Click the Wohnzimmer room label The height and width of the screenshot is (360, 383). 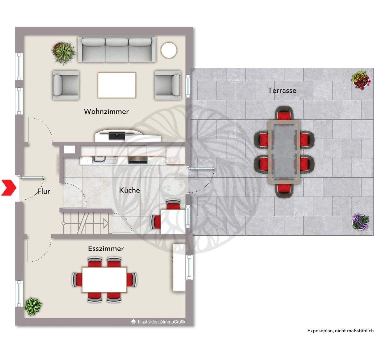click(106, 111)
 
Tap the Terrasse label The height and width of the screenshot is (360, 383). click(282, 91)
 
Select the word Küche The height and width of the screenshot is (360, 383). click(129, 190)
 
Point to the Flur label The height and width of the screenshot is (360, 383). click(43, 191)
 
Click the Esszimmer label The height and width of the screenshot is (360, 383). click(106, 248)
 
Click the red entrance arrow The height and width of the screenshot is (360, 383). click(9, 188)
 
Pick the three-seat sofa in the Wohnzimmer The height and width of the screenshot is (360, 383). click(117, 50)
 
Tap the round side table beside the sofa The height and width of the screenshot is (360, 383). click(169, 50)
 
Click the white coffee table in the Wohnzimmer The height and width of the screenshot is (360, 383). click(117, 85)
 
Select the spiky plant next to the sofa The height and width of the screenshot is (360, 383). click(64, 52)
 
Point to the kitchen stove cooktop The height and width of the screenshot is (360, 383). click(138, 160)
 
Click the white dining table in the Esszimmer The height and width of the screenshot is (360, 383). click(104, 280)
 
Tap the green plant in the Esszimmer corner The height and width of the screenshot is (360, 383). click(33, 306)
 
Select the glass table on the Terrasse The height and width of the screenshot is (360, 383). click(284, 152)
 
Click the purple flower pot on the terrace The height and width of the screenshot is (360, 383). click(361, 222)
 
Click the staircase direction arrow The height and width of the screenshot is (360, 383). click(106, 223)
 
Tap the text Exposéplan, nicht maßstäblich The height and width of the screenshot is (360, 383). click(340, 331)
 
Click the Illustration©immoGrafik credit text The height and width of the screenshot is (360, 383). click(159, 322)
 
